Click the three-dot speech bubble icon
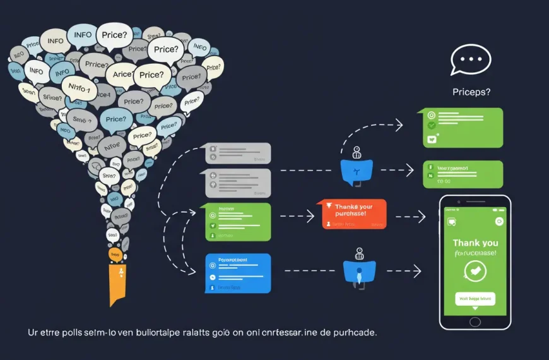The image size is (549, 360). tap(471, 61)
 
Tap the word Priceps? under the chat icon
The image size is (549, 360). tap(471, 92)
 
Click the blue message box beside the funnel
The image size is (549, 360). tap(238, 273)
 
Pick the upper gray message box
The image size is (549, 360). tap(238, 153)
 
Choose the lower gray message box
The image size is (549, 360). tap(238, 183)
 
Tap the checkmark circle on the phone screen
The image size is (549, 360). tap(475, 270)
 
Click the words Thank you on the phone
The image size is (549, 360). tap(475, 243)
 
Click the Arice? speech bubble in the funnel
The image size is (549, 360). tap(124, 75)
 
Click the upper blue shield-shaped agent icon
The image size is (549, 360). tap(357, 171)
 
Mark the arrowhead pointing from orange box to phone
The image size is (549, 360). tap(422, 217)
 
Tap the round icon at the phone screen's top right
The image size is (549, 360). tap(499, 221)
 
